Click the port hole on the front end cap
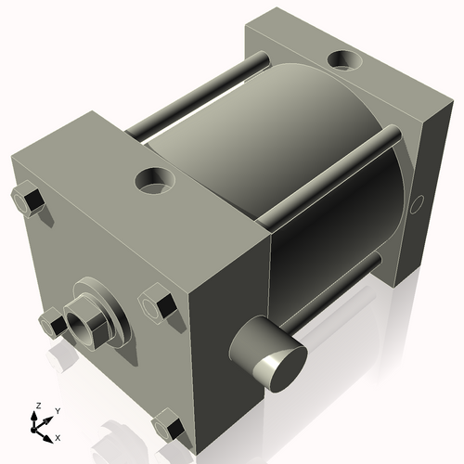pos(155,181)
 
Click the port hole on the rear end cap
pos(344,59)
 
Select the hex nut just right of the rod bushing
pos(158,304)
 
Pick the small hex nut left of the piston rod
pos(53,323)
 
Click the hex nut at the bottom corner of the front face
pos(168,425)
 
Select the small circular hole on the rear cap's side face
pos(417,204)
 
